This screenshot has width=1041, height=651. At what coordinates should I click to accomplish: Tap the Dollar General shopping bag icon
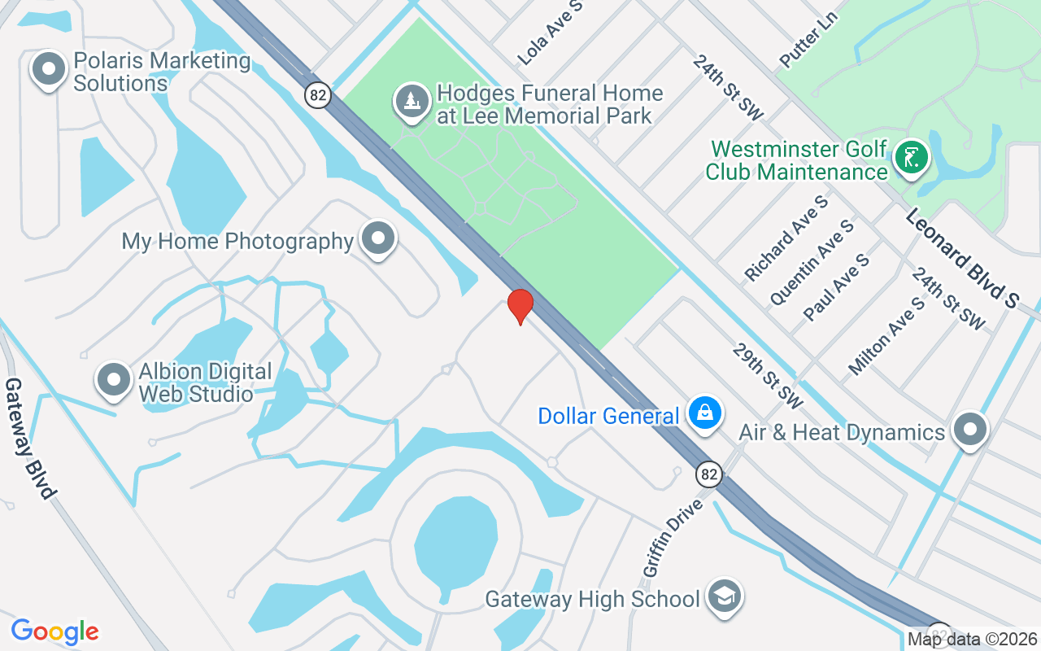[705, 413]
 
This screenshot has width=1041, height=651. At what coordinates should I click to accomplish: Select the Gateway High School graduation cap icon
[723, 596]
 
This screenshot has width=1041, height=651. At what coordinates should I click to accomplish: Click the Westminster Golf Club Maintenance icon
[911, 157]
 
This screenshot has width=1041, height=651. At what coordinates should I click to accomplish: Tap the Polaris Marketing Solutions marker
[49, 69]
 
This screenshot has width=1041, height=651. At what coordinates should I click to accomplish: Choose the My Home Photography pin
[378, 238]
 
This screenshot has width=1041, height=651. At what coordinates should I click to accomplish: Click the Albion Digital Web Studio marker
[114, 380]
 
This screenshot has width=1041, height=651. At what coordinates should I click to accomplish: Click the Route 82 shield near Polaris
[319, 95]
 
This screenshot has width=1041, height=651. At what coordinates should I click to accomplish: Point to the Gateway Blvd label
[31, 438]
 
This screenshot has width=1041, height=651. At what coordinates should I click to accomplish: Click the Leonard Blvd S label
[961, 258]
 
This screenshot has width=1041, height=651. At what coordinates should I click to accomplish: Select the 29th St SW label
[767, 375]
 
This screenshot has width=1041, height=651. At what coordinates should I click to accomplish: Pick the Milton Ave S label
[886, 335]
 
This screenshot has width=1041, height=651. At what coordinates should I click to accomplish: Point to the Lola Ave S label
[551, 33]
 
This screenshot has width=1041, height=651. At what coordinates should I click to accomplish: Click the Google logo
[54, 631]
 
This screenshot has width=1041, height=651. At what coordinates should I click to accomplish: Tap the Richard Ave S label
[786, 238]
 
